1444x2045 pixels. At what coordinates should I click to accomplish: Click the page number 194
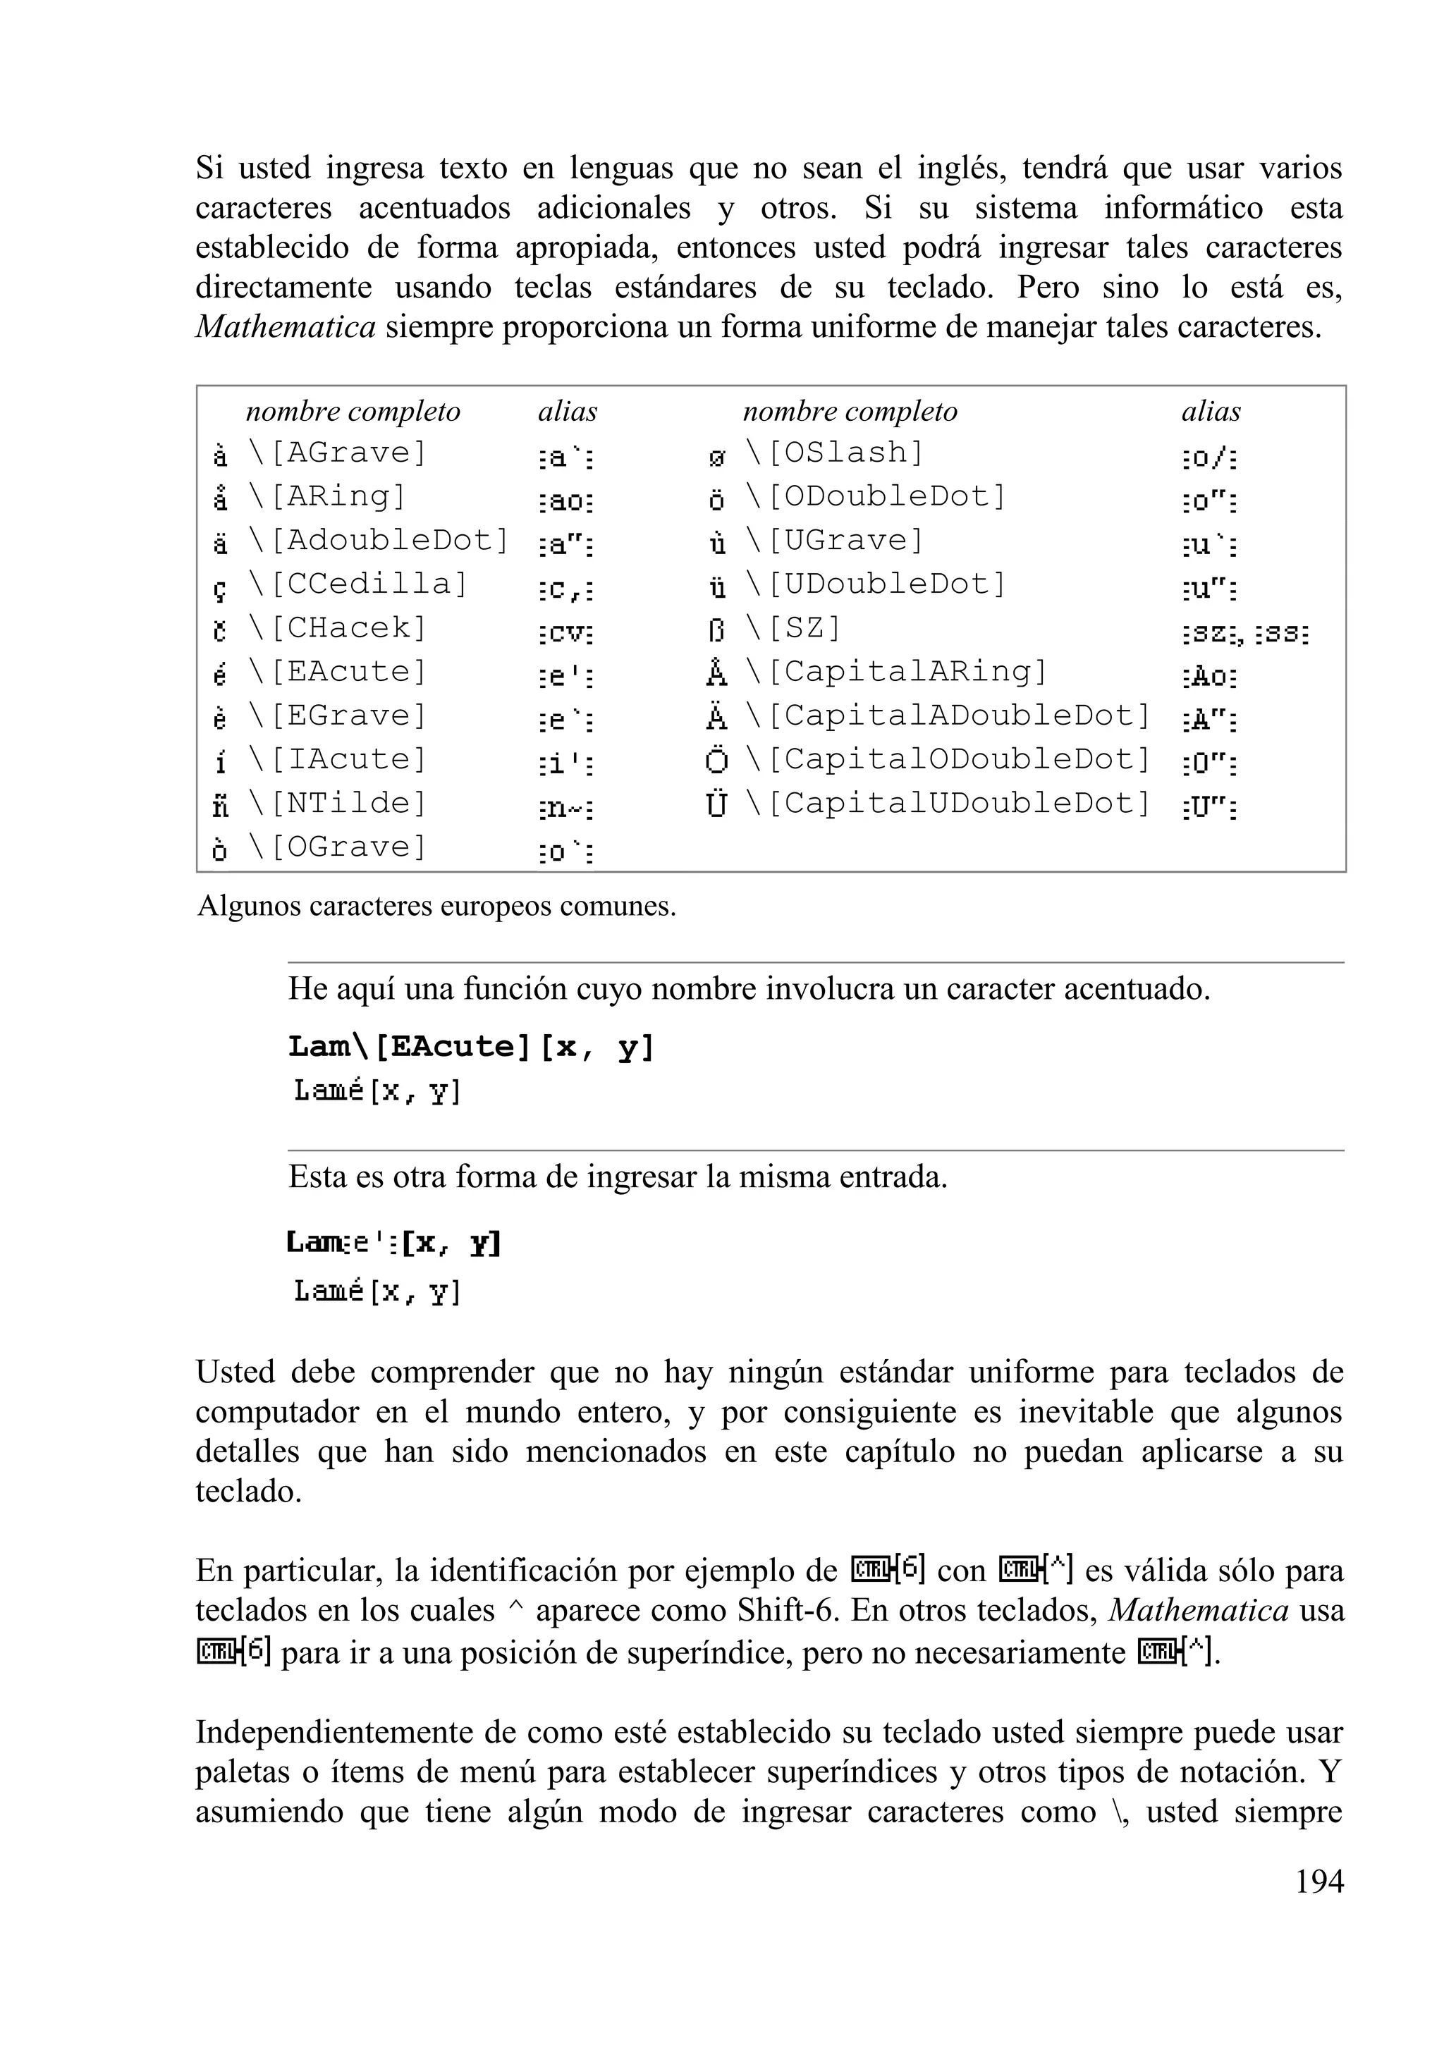coord(1318,1881)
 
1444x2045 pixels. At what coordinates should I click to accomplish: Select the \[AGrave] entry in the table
coord(338,453)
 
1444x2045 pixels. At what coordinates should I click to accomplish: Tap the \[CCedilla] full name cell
coord(358,584)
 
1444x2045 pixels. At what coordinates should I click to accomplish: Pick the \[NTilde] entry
coord(338,804)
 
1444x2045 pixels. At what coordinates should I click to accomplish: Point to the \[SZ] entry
coord(793,629)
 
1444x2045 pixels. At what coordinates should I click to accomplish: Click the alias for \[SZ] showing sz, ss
coord(1245,635)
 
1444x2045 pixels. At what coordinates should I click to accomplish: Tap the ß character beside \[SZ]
coord(717,631)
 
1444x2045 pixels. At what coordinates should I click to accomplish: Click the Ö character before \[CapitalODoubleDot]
coord(717,761)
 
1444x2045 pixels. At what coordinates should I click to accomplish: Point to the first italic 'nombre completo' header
coord(353,412)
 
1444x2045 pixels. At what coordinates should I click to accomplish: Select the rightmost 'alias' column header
coord(1211,412)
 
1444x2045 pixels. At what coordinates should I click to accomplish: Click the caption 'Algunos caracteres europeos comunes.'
coord(436,906)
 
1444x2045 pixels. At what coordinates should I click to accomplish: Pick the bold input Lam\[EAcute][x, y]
coord(471,1047)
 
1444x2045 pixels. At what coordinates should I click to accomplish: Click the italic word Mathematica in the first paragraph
coord(285,327)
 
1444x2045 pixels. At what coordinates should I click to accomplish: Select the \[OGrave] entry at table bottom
coord(338,847)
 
